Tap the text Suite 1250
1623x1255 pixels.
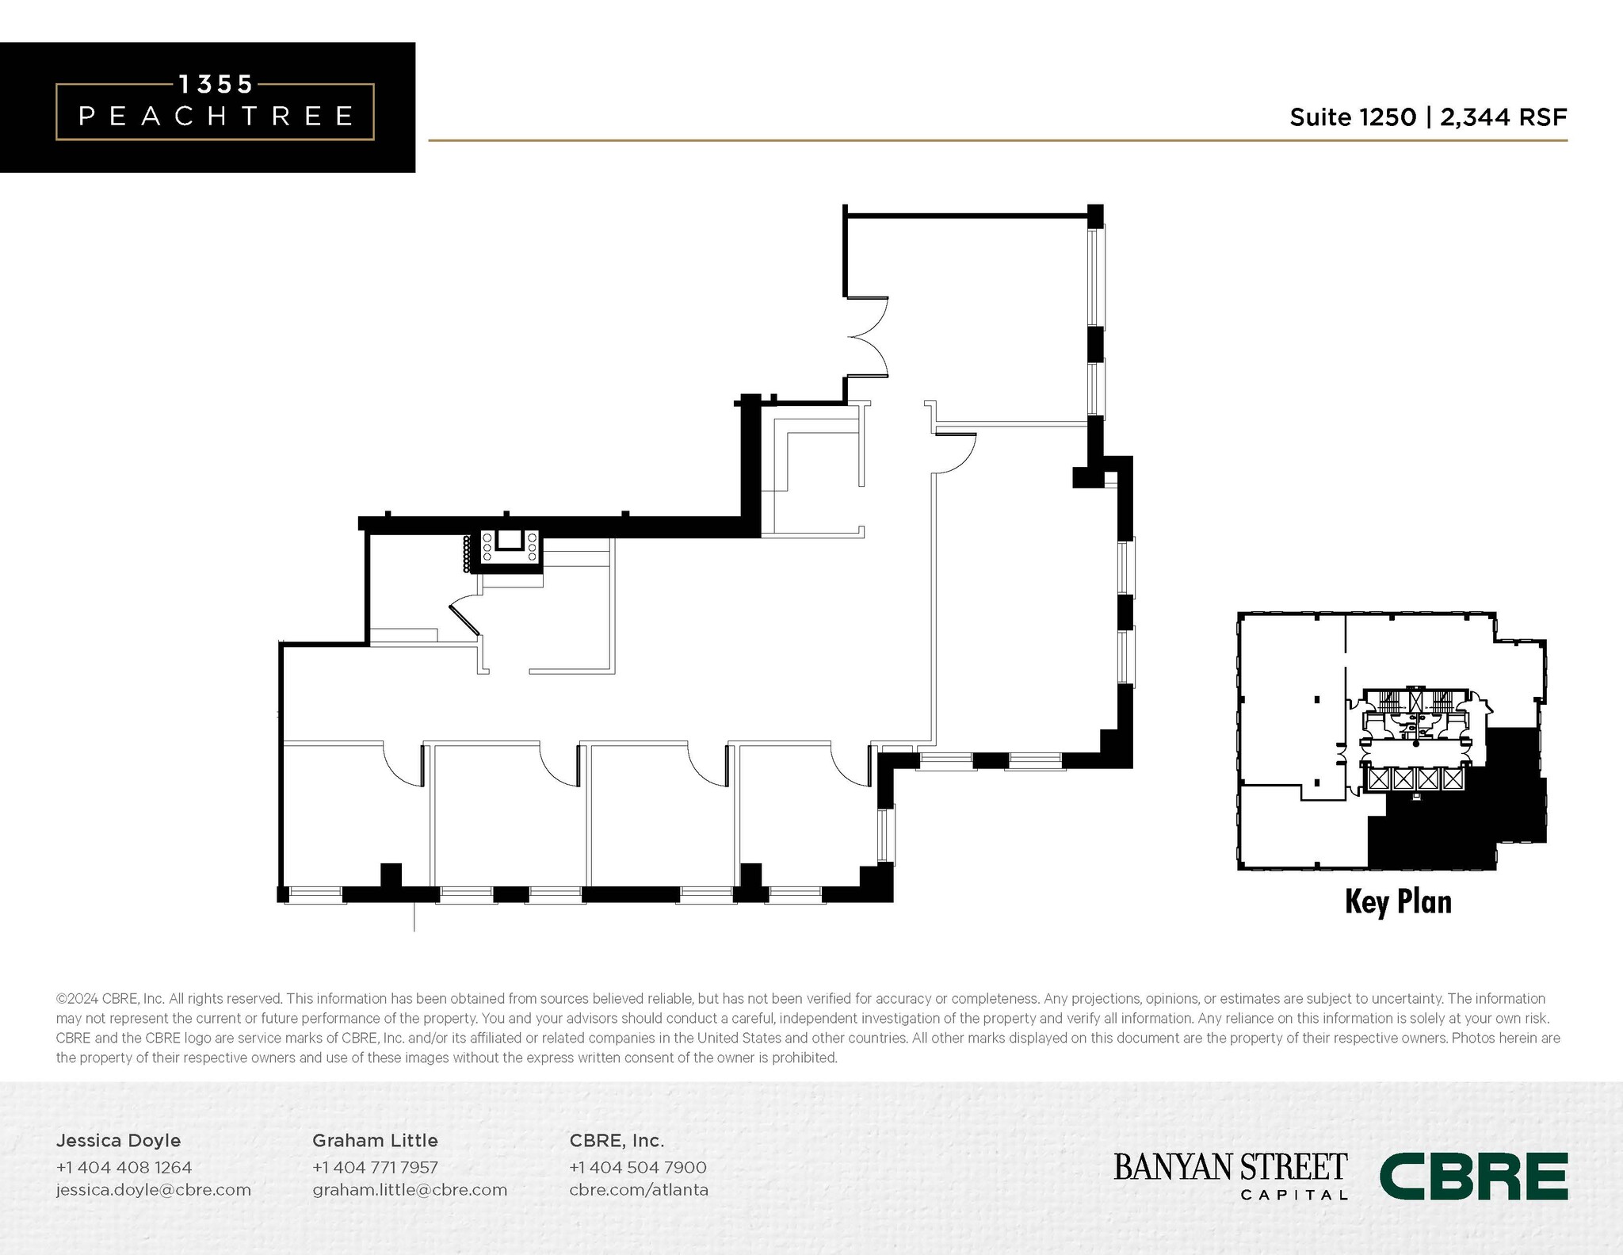coord(1352,117)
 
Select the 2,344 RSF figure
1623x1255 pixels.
coord(1503,117)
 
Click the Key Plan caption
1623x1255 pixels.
coord(1398,902)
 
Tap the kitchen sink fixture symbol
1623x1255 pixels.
coord(509,541)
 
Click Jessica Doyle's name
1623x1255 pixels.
coord(118,1140)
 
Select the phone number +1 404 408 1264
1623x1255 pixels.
coord(124,1167)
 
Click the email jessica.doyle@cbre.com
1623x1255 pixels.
coord(153,1189)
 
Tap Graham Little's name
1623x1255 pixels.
coord(375,1140)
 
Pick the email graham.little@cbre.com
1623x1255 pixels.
coord(410,1189)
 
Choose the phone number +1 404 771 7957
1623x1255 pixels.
coord(375,1167)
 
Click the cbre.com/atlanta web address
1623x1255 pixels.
coord(639,1189)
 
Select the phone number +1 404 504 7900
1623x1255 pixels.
coord(638,1167)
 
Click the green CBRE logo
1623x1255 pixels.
coord(1473,1177)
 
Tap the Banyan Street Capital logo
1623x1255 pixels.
coord(1230,1175)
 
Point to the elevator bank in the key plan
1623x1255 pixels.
coord(1415,779)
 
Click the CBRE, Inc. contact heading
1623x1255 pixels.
coord(617,1140)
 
